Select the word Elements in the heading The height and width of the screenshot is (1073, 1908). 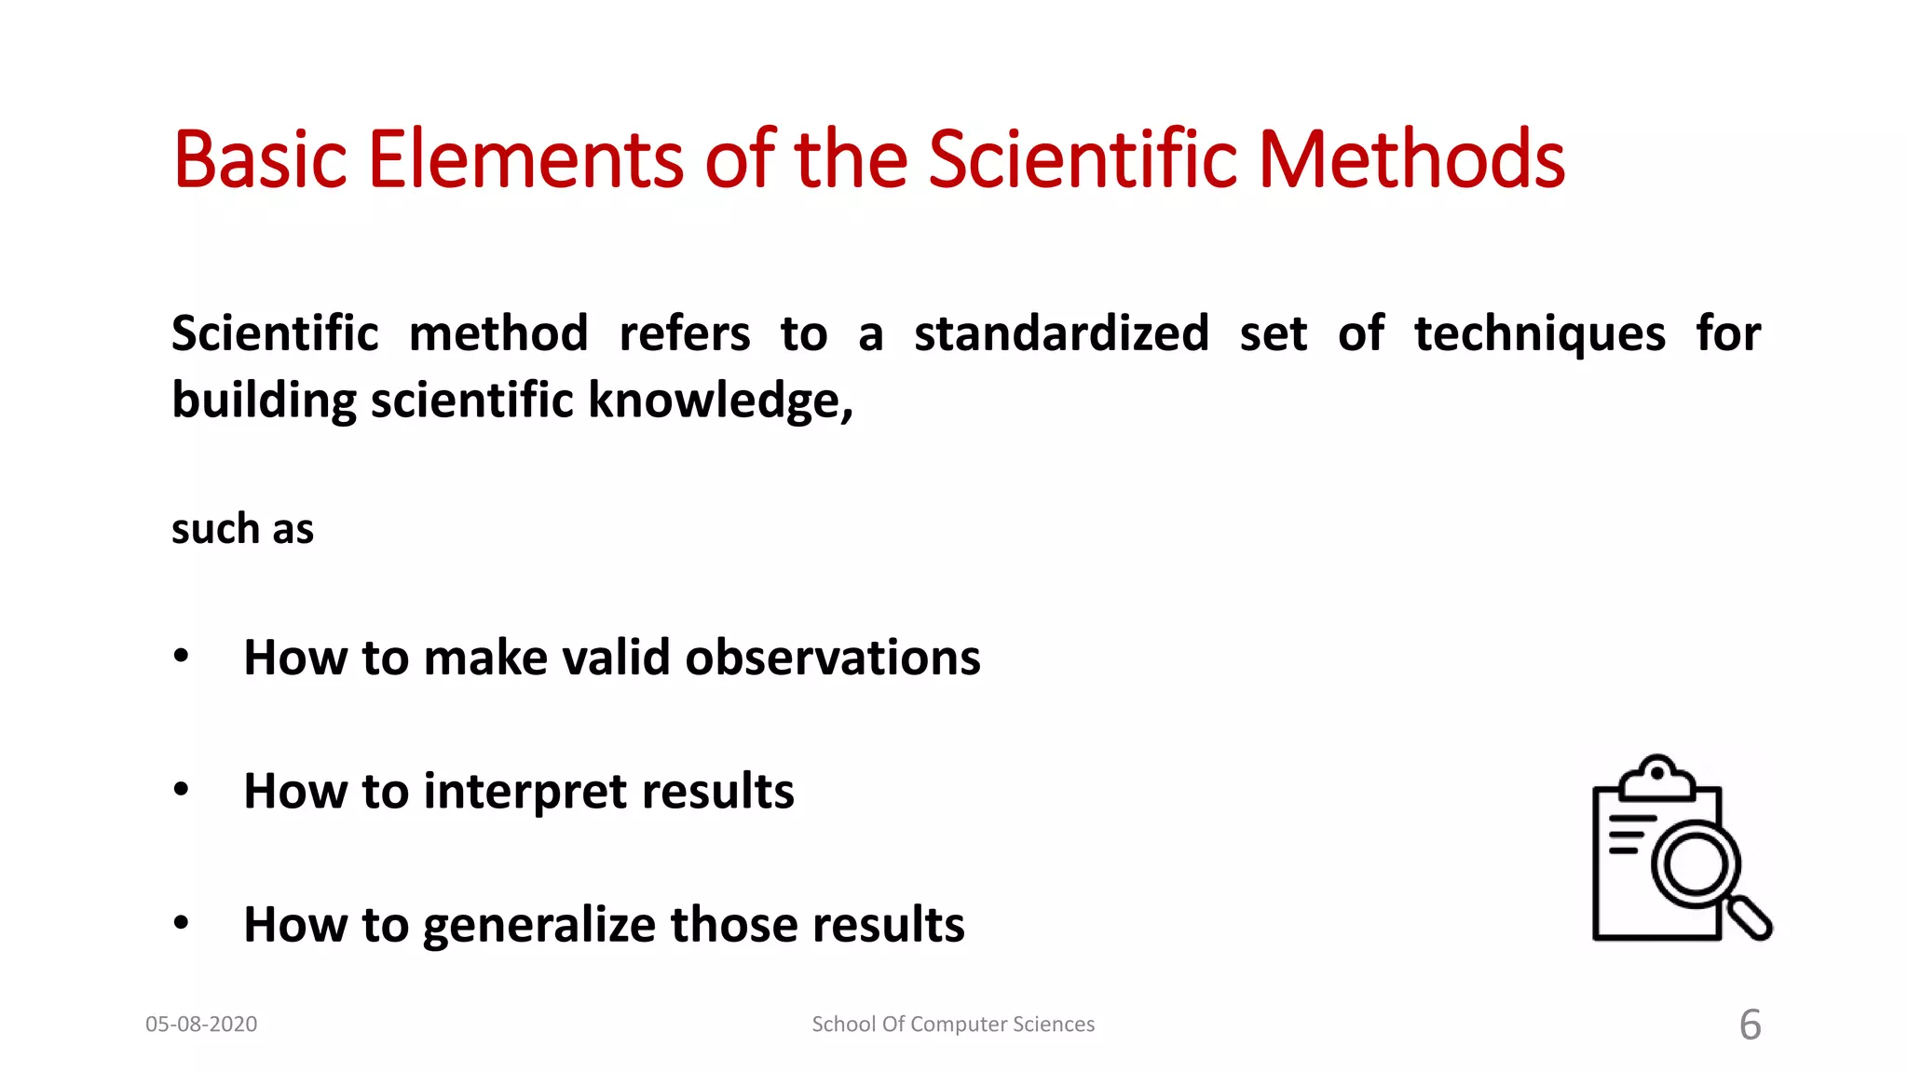pos(525,159)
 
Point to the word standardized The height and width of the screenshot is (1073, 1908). pos(1061,333)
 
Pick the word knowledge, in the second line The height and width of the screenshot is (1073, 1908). pos(720,401)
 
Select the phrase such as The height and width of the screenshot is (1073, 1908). pos(242,529)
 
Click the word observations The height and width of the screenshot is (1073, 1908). pos(833,658)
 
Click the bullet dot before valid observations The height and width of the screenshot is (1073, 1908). pos(182,656)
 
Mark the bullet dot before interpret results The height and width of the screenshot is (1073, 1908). pos(182,790)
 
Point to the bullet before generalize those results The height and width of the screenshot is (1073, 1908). pos(182,923)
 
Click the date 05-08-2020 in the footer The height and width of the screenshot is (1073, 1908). pos(201,1025)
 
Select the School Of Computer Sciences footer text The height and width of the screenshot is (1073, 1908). pos(953,1025)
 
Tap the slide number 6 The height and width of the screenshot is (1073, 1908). pos(1750,1025)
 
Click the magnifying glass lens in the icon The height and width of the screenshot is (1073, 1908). pos(1695,864)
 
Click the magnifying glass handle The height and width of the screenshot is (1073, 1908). pos(1750,918)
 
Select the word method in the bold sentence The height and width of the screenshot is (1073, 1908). pos(498,333)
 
